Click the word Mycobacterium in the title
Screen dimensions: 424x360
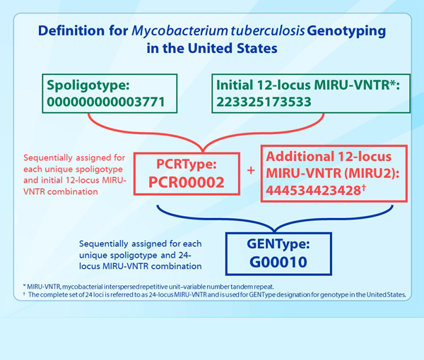tap(179, 31)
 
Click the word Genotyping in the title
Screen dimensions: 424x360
tap(346, 31)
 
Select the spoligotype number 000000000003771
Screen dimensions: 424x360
tap(106, 102)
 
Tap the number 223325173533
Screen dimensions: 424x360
tap(264, 102)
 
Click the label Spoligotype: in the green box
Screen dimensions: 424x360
tap(88, 85)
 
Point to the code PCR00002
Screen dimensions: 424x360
tap(187, 182)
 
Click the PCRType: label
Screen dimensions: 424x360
tap(187, 164)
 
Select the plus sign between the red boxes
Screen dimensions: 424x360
tap(251, 170)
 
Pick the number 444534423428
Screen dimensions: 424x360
tap(313, 191)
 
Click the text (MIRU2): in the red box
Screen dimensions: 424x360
tap(372, 174)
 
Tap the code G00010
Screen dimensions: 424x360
tap(278, 262)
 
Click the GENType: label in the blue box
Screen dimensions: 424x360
tap(278, 244)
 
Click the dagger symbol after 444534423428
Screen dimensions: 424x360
tap(364, 188)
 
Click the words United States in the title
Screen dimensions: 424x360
tap(232, 49)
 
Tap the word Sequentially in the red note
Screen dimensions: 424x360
tap(48, 158)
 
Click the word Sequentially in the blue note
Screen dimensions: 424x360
tap(104, 244)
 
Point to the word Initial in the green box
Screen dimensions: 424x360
tap(235, 85)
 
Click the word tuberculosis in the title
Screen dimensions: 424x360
tap(267, 31)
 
